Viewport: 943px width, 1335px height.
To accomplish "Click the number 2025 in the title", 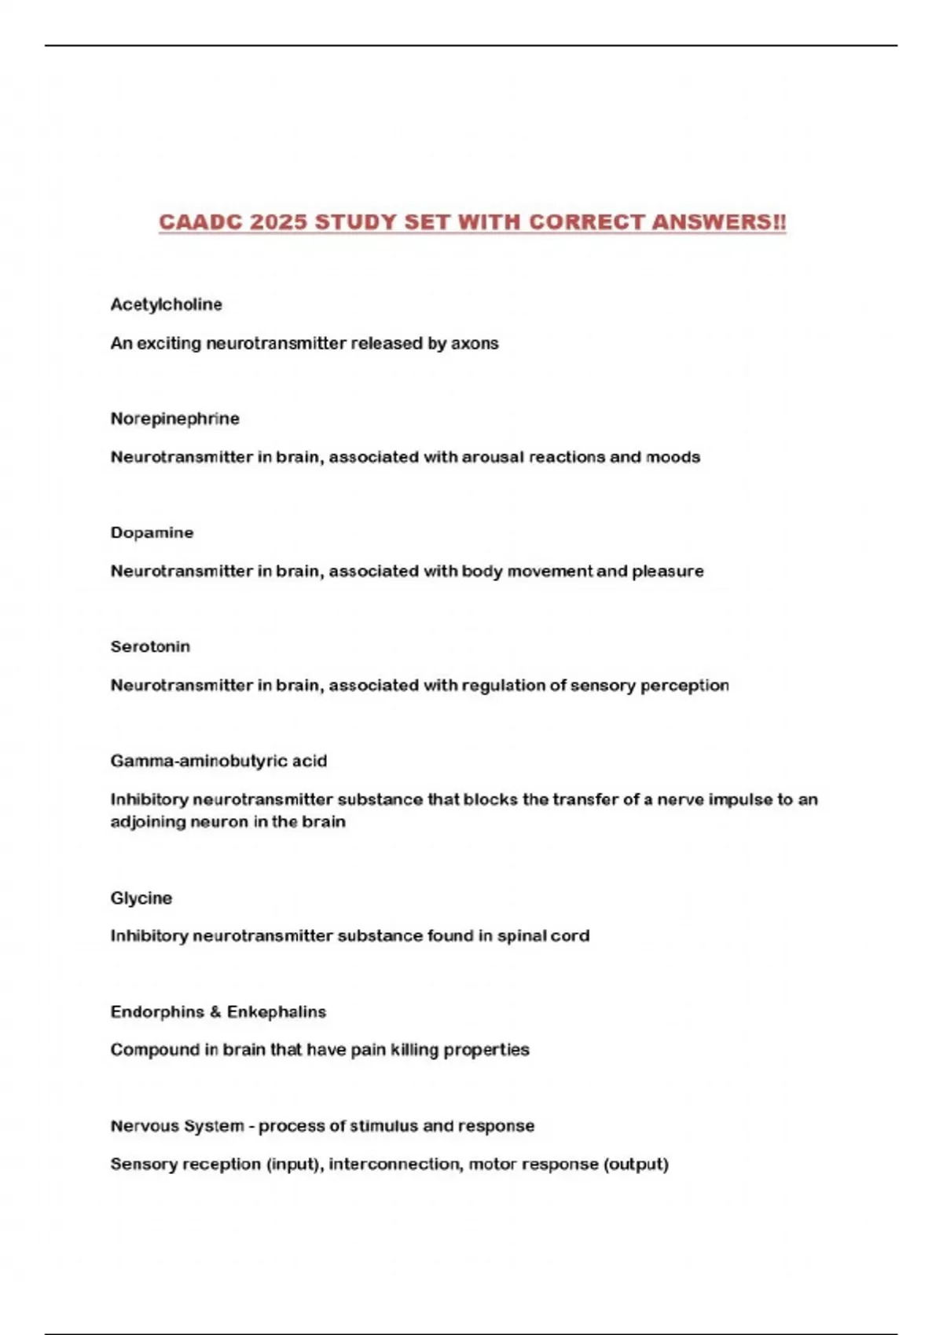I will [279, 222].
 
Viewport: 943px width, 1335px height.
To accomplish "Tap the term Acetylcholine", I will [167, 305].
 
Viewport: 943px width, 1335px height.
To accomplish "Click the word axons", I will [475, 343].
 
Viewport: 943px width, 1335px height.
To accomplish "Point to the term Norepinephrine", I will [175, 419].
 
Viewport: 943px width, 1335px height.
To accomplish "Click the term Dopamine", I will [152, 532].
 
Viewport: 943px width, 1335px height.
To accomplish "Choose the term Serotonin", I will [150, 646].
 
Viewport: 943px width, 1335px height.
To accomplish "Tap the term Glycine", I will [141, 898].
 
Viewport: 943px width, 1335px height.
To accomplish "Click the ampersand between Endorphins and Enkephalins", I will [215, 1012].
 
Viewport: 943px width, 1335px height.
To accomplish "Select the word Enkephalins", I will [277, 1012].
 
